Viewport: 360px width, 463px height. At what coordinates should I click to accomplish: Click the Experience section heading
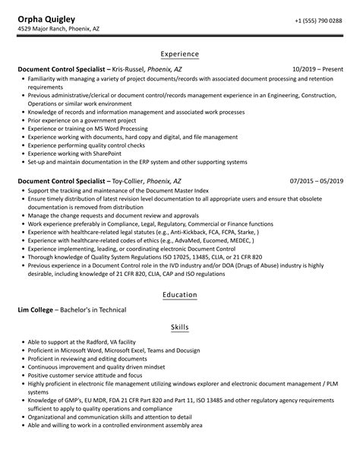pyautogui.click(x=179, y=54)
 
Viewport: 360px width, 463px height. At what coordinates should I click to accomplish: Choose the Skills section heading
pyautogui.click(x=179, y=327)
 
